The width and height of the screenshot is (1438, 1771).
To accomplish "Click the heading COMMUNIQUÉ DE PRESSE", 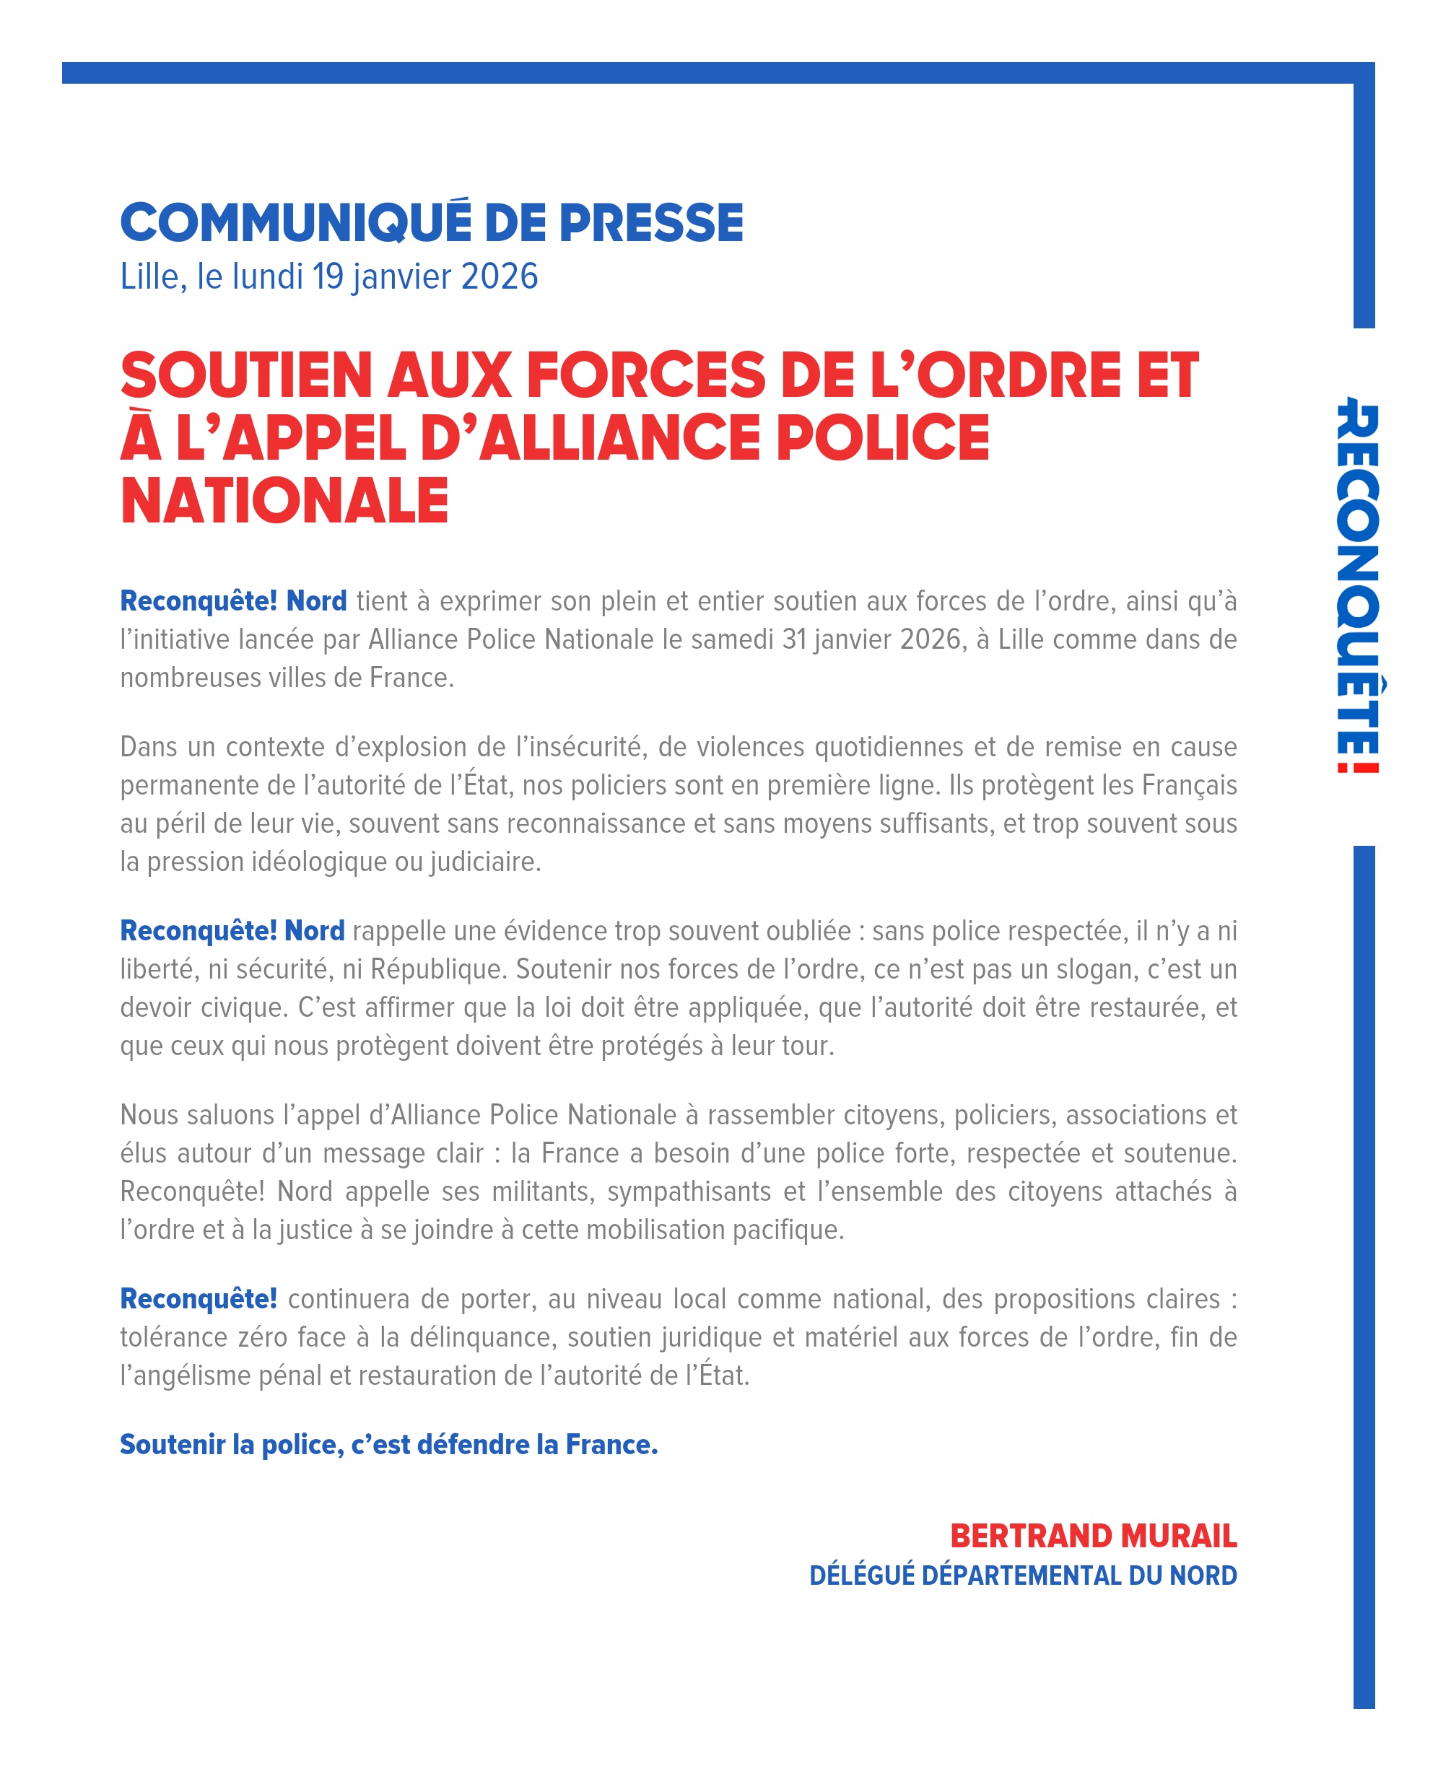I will point(432,223).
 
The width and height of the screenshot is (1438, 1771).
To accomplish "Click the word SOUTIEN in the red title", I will point(246,375).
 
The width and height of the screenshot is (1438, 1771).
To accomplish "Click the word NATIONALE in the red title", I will point(284,501).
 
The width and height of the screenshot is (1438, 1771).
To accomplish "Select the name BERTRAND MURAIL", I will point(1093,1536).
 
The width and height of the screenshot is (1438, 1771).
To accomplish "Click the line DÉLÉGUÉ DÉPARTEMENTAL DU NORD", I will point(1023,1575).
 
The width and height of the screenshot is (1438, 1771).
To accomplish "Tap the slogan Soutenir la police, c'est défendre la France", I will point(388,1445).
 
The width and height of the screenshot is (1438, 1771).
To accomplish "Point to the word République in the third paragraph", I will point(438,968).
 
